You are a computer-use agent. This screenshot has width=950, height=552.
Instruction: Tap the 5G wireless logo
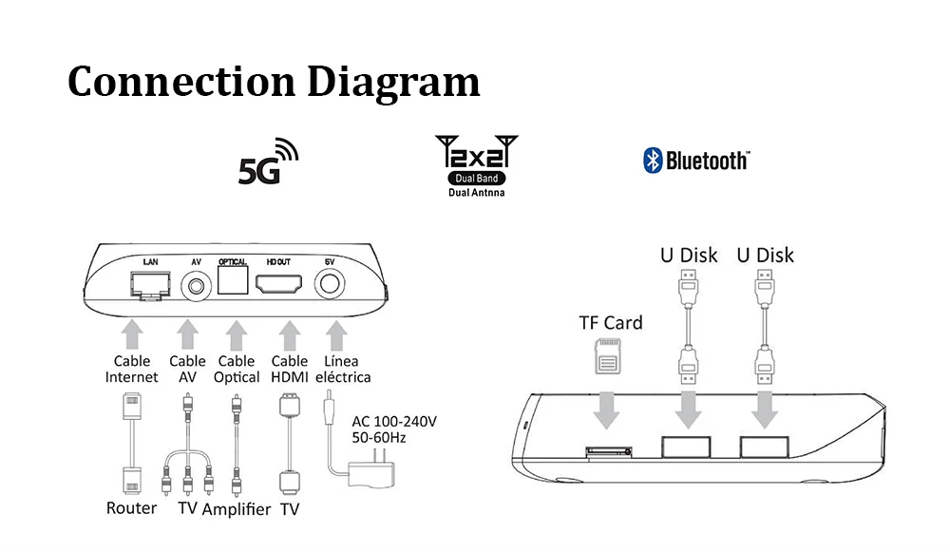click(x=267, y=162)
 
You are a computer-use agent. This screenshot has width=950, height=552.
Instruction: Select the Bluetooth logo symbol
click(x=653, y=161)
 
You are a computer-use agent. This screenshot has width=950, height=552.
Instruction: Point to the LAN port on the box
click(x=150, y=283)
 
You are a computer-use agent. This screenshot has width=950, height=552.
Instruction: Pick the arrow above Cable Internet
click(x=132, y=333)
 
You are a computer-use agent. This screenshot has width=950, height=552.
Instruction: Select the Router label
click(x=131, y=508)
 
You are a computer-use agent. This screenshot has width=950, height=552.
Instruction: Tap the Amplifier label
click(x=237, y=509)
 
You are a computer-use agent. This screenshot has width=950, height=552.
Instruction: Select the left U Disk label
click(x=689, y=255)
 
